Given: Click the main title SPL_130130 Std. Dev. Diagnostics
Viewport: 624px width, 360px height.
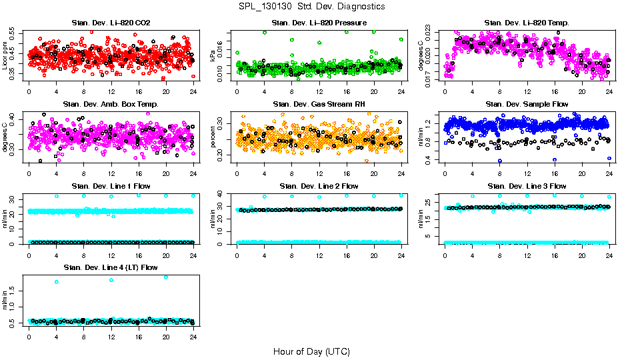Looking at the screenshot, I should [311, 7].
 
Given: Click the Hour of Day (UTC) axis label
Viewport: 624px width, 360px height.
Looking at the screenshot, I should [311, 351].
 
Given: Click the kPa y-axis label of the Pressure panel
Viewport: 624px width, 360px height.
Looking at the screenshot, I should [213, 56].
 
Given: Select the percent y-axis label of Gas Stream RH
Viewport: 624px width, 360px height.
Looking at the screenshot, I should [213, 137].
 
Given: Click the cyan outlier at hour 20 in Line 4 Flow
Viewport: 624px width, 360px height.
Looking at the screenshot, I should [166, 277].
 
